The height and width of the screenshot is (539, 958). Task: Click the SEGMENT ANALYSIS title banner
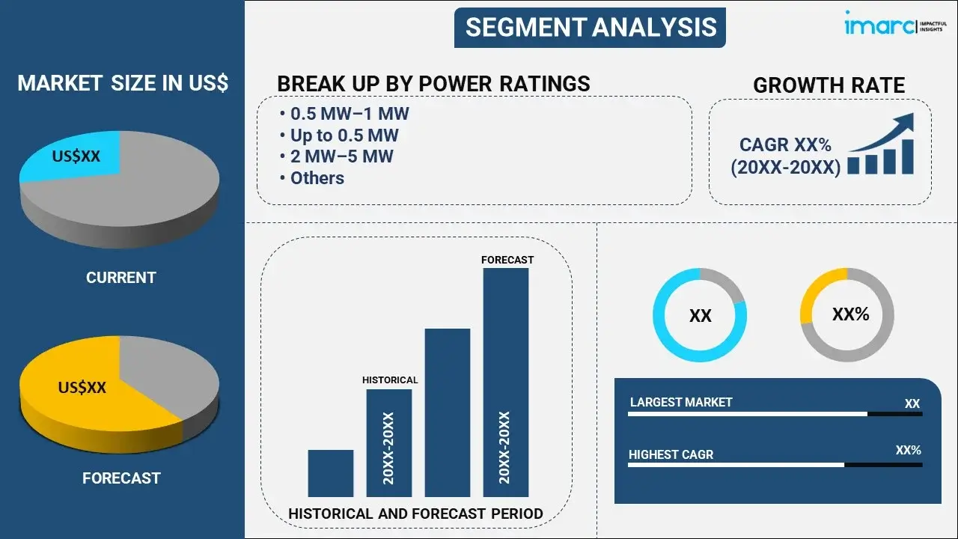[x=591, y=28]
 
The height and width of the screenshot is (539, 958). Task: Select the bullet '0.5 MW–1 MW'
[x=349, y=114]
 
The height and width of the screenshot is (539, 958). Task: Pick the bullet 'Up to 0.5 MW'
[x=344, y=135]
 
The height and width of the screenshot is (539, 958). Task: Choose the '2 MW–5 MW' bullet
[x=341, y=156]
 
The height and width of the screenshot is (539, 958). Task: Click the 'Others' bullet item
[x=317, y=178]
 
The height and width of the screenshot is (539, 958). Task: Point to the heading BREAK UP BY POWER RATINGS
[x=433, y=84]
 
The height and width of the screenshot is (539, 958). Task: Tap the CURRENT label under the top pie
[x=120, y=278]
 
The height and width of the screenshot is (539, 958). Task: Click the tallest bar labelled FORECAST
[x=506, y=382]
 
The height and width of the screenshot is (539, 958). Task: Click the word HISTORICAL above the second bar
[x=390, y=380]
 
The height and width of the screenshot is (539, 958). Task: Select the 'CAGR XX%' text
[x=785, y=145]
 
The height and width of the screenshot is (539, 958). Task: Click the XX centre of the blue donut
[x=700, y=316]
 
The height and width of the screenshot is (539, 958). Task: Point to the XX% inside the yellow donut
[x=850, y=314]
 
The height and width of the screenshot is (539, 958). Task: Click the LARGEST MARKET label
[x=681, y=403]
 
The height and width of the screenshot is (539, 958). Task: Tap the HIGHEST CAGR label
[x=671, y=454]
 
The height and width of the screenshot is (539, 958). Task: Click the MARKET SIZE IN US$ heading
[x=123, y=83]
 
